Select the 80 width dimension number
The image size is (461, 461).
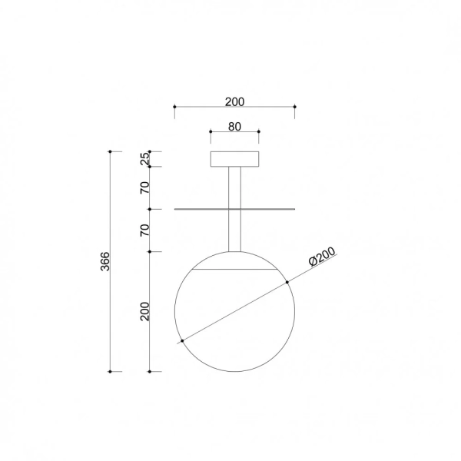point(234,126)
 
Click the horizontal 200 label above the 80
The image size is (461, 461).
point(234,101)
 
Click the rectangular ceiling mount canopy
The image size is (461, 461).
point(235,159)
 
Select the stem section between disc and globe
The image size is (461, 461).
point(235,230)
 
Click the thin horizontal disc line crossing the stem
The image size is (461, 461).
point(269,208)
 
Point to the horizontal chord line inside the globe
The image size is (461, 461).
point(235,271)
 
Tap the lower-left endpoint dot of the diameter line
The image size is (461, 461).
point(182,340)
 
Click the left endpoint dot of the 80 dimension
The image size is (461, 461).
point(211,131)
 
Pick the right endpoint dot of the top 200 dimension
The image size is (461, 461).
point(295,107)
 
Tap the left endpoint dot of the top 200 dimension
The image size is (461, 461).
point(174,107)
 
